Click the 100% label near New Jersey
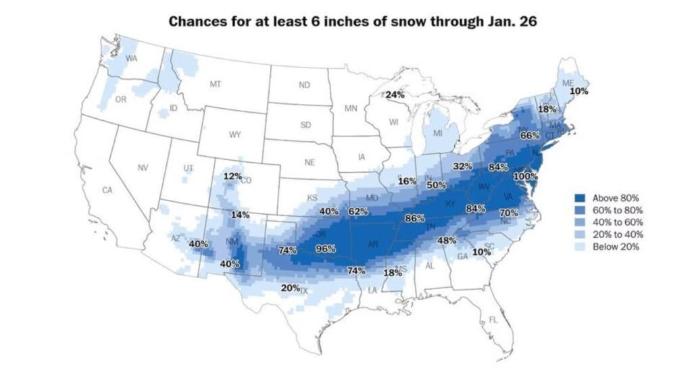tap(526, 176)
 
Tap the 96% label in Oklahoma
tap(326, 249)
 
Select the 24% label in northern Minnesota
tap(395, 95)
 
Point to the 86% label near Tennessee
tap(414, 219)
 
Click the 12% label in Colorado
tap(232, 177)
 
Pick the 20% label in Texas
tap(290, 288)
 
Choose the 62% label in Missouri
tap(358, 211)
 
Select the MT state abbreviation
tap(216, 84)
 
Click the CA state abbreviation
tap(107, 190)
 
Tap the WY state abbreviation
tap(234, 134)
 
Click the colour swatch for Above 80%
tap(579, 198)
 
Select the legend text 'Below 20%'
tap(616, 247)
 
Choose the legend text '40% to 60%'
tap(618, 222)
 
